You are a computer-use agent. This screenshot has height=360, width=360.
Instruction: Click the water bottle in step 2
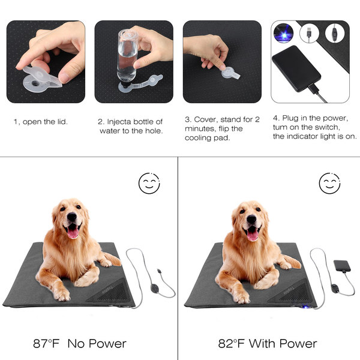tap(127, 56)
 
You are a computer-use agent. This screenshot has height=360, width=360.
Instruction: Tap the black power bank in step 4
tap(296, 68)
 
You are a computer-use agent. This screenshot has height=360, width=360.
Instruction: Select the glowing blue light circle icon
tap(284, 33)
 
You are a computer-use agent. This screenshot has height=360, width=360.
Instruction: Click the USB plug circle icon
tap(309, 33)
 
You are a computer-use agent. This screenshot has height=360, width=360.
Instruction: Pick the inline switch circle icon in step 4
tap(335, 33)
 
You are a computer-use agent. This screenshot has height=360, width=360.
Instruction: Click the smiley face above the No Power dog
tap(149, 183)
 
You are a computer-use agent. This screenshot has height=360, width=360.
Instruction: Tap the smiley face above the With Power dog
tap(329, 183)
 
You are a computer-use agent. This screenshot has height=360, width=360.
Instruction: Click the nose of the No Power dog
tap(72, 217)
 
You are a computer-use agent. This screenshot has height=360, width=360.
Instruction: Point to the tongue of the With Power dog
tap(253, 235)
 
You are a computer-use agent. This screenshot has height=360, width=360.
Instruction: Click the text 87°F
tap(46, 344)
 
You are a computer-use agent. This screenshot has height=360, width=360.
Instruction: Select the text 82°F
tap(232, 344)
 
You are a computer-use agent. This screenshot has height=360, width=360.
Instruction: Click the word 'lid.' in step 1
tap(62, 122)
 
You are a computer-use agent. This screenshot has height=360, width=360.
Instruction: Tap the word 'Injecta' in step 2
tap(119, 122)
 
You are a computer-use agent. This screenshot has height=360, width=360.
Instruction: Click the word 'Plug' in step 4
tap(290, 118)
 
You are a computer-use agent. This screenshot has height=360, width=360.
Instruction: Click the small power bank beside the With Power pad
tap(342, 266)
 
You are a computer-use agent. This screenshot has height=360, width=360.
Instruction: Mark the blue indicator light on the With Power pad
tap(305, 306)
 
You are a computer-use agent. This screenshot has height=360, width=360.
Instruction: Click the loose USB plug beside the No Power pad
tap(159, 271)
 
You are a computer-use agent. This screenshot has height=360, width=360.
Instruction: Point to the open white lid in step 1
tap(43, 79)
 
